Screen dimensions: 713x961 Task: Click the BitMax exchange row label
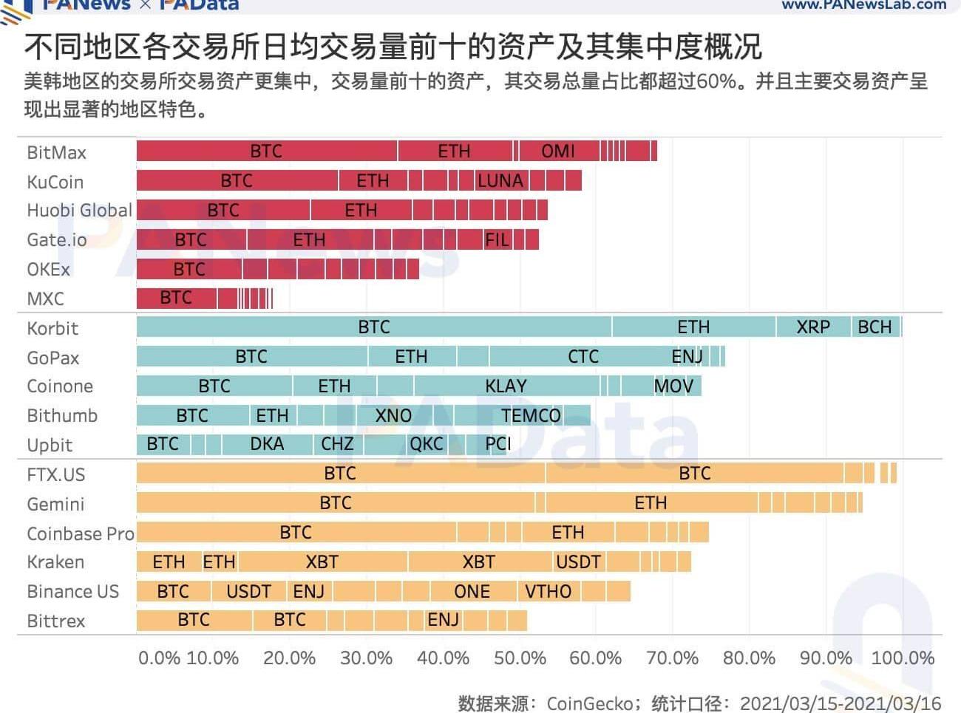pyautogui.click(x=56, y=152)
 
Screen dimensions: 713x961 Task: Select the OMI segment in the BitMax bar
pyautogui.click(x=558, y=151)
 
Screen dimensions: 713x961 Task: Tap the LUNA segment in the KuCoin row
pyautogui.click(x=500, y=180)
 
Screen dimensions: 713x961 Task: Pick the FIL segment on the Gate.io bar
pyautogui.click(x=497, y=239)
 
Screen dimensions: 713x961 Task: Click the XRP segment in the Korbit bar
pyautogui.click(x=813, y=327)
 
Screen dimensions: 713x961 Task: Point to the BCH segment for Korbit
pyautogui.click(x=875, y=327)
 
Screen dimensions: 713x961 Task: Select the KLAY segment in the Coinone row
pyautogui.click(x=506, y=386)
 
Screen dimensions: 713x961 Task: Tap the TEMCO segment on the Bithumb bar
pyautogui.click(x=531, y=415)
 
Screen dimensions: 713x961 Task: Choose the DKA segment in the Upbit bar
pyautogui.click(x=266, y=444)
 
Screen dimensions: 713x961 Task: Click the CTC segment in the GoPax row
pyautogui.click(x=583, y=356)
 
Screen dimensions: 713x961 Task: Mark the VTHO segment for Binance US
pyautogui.click(x=548, y=591)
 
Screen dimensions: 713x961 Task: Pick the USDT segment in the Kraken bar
pyautogui.click(x=578, y=562)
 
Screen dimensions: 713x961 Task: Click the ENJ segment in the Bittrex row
pyautogui.click(x=444, y=620)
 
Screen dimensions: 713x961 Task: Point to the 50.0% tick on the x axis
pyautogui.click(x=520, y=658)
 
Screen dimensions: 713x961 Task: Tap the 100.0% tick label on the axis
pyautogui.click(x=903, y=658)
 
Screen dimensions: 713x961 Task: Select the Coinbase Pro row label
pyautogui.click(x=80, y=533)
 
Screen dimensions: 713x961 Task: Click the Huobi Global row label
pyautogui.click(x=79, y=210)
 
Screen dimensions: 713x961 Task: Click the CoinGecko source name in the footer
pyautogui.click(x=590, y=703)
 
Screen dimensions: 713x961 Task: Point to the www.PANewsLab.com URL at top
pyautogui.click(x=863, y=5)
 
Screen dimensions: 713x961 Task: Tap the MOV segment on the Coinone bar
pyautogui.click(x=673, y=386)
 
